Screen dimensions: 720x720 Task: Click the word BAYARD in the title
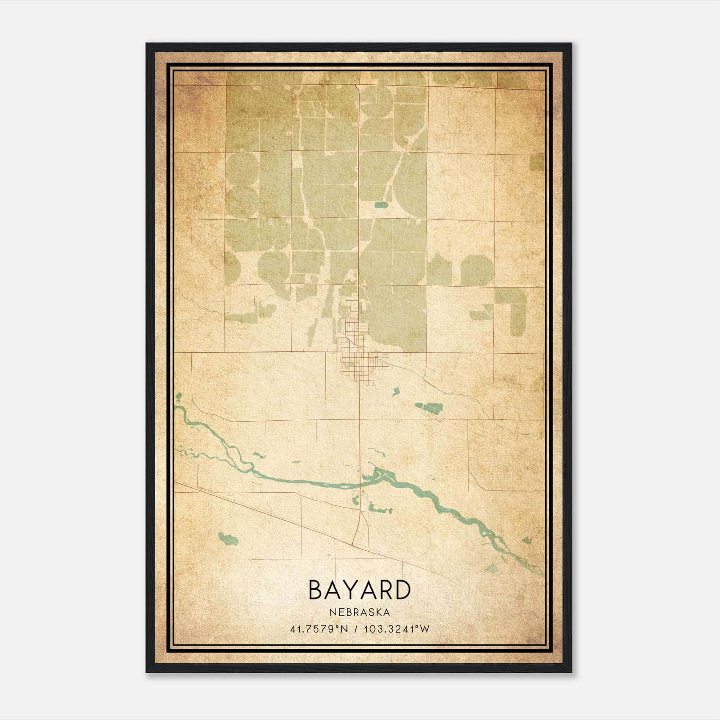(x=359, y=590)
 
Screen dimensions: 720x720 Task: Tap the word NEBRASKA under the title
(x=359, y=612)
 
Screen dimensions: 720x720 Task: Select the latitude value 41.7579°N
(x=319, y=629)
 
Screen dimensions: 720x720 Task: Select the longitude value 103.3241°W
(x=397, y=629)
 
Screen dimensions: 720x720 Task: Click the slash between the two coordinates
(x=357, y=629)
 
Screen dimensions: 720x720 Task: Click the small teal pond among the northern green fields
(x=381, y=205)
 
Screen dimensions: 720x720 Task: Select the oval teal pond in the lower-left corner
(x=228, y=538)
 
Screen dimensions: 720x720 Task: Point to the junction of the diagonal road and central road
(x=354, y=543)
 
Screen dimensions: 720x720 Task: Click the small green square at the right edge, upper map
(x=536, y=162)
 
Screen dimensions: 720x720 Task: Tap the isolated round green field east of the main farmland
(x=477, y=270)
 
